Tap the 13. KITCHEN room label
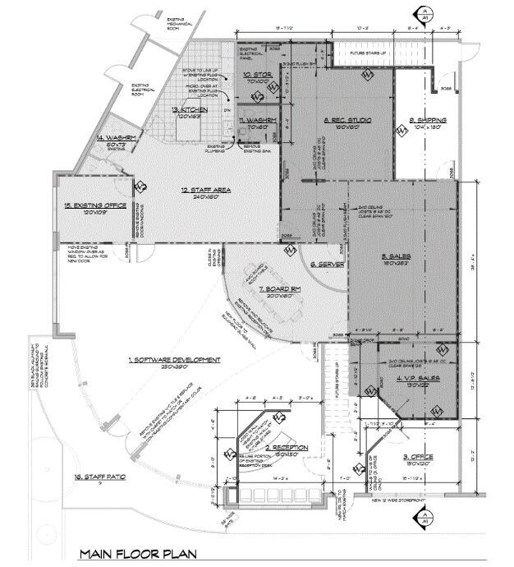point(190,109)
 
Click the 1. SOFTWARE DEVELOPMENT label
point(175,360)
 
